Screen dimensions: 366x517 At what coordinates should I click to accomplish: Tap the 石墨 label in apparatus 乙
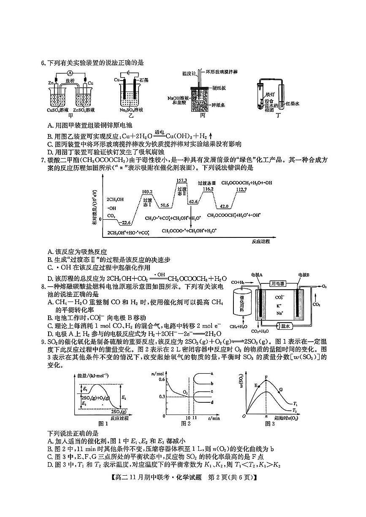point(142,80)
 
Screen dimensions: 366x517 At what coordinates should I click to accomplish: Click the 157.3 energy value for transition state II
point(182,180)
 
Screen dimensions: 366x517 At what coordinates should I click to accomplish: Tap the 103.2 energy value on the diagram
point(147,191)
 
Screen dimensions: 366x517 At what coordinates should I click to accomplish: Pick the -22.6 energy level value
point(126,223)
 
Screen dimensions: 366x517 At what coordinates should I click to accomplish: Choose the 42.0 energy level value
point(223,207)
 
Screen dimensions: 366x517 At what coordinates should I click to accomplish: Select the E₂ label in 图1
point(123,397)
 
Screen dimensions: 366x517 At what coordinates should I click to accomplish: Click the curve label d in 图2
point(211,403)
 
